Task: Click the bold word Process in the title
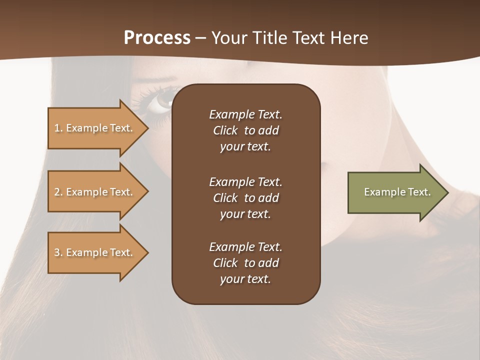pos(157,38)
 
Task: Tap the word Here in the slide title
pos(349,38)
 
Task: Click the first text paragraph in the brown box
pos(245,130)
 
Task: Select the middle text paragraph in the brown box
pos(245,198)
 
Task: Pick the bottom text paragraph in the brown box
pos(245,263)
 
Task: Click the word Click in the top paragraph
pos(225,130)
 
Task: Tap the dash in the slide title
pos(200,38)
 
